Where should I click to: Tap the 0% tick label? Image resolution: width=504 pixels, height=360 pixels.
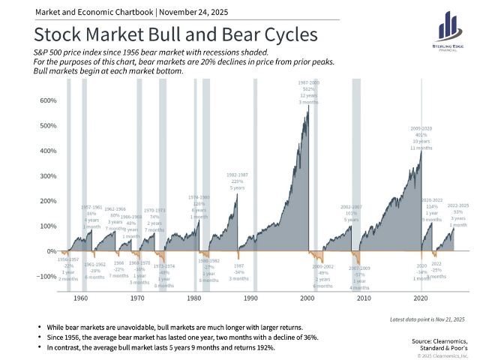[51, 250]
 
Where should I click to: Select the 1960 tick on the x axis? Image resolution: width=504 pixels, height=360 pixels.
[81, 298]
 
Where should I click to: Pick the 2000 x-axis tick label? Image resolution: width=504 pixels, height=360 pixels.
[307, 298]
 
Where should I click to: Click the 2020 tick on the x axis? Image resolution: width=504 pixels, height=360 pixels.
[421, 298]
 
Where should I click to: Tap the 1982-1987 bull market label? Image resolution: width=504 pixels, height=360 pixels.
[238, 181]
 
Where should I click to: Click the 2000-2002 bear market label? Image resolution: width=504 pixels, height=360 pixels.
[323, 276]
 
